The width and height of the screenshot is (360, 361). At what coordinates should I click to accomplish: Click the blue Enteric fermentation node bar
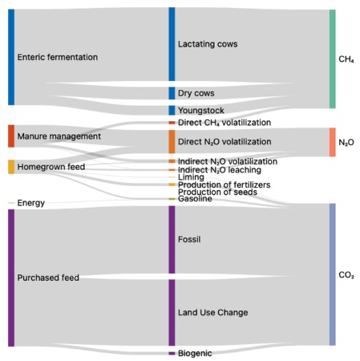point(11,57)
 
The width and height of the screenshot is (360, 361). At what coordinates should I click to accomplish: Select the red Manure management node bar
point(11,136)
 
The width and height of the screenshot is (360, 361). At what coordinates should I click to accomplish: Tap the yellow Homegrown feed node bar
point(11,167)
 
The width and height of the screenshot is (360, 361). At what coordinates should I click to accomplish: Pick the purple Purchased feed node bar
point(11,278)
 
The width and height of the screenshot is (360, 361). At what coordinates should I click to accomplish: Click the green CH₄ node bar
point(332,59)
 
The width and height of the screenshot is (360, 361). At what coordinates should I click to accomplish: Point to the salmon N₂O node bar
point(332,142)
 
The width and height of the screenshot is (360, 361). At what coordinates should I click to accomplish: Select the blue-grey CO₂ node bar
point(332,274)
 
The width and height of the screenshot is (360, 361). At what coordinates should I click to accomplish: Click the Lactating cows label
point(208,44)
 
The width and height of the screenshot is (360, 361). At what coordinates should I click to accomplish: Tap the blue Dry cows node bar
point(172,93)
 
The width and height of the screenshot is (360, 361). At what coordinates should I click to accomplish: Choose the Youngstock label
point(201,110)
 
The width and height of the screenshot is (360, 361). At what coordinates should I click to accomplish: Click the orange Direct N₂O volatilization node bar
point(172,142)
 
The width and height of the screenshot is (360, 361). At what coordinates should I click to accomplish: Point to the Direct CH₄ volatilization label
point(224,123)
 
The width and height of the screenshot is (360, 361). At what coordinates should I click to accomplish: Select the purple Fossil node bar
point(172,240)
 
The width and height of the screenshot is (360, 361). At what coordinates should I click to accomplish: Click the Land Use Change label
point(213,312)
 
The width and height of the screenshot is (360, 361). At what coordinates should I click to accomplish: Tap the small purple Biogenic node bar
point(172,353)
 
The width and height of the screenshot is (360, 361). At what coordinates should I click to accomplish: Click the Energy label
point(31,203)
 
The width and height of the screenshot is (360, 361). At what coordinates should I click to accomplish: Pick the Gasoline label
point(195,199)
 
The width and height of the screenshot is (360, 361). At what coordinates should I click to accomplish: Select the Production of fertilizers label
point(224,185)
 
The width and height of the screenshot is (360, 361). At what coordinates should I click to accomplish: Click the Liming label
point(191,177)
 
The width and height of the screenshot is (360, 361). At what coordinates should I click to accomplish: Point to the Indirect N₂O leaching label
point(220,170)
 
